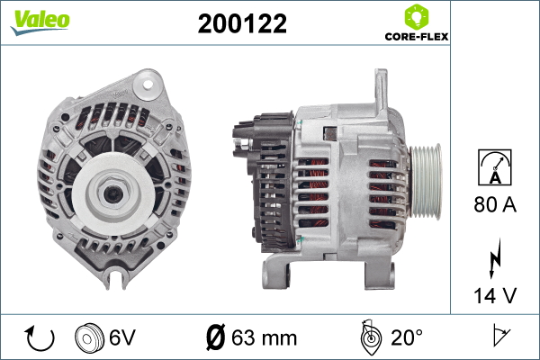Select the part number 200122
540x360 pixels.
[242, 24]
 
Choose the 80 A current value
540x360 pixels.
[495, 205]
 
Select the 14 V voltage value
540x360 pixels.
[495, 294]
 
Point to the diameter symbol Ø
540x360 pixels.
[216, 338]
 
